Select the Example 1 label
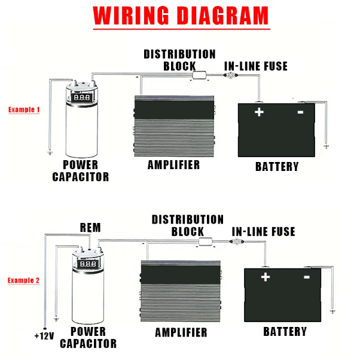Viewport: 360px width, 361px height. pyautogui.click(x=24, y=110)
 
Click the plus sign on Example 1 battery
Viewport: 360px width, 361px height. pyautogui.click(x=259, y=112)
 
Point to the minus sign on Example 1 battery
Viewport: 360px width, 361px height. pyautogui.click(x=300, y=112)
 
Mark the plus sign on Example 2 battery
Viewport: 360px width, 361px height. pyautogui.click(x=266, y=277)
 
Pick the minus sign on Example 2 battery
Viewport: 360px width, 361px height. pyautogui.click(x=307, y=277)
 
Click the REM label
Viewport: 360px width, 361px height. pyautogui.click(x=90, y=228)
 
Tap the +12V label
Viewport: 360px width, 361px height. pyautogui.click(x=44, y=336)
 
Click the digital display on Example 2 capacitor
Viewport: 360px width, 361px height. pyautogui.click(x=88, y=263)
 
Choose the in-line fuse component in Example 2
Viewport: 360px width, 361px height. pyautogui.click(x=237, y=242)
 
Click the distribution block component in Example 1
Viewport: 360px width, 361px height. pyautogui.click(x=199, y=76)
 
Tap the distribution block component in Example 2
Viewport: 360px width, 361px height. pyautogui.click(x=206, y=242)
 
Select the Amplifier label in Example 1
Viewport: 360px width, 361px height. pyautogui.click(x=173, y=164)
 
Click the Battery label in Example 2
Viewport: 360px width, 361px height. pyautogui.click(x=285, y=331)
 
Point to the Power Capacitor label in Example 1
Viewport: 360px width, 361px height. pyautogui.click(x=81, y=171)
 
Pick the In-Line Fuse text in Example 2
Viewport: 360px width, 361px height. pyautogui.click(x=263, y=231)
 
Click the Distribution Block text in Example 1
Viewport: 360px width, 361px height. pyautogui.click(x=179, y=60)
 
